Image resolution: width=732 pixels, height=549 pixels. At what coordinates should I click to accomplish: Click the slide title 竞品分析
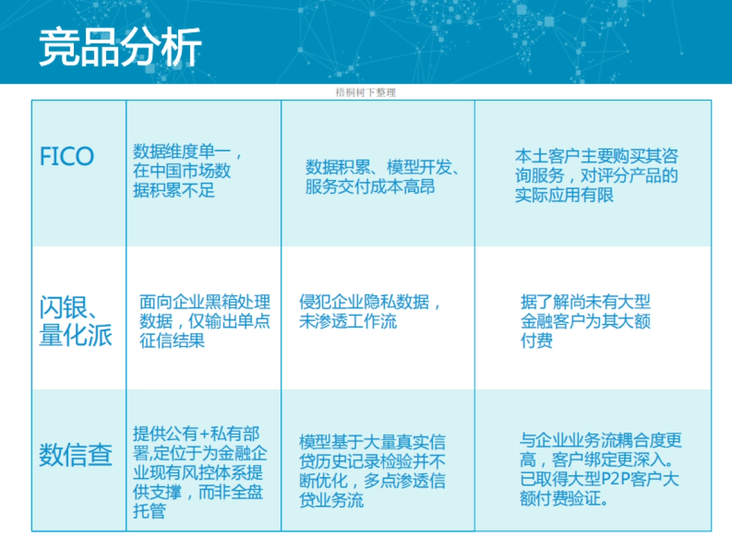tap(120, 47)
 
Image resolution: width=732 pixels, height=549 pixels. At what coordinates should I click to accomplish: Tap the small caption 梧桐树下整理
tap(365, 93)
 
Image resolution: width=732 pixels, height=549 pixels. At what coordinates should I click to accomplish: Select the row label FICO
tap(67, 157)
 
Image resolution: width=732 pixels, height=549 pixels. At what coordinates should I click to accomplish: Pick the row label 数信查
tap(76, 454)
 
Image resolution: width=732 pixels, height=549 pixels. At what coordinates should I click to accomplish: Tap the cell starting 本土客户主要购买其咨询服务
tap(596, 175)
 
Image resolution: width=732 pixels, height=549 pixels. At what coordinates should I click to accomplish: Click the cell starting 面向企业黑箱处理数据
tap(204, 321)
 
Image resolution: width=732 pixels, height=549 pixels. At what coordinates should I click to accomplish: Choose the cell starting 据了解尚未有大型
tap(586, 321)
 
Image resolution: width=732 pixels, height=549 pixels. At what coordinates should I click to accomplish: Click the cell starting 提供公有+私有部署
tap(199, 473)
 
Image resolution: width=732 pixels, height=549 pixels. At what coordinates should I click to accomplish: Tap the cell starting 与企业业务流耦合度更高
tap(600, 470)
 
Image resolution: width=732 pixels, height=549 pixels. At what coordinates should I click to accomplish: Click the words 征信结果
tap(172, 340)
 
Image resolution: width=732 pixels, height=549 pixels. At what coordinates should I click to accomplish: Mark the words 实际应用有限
tap(564, 195)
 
